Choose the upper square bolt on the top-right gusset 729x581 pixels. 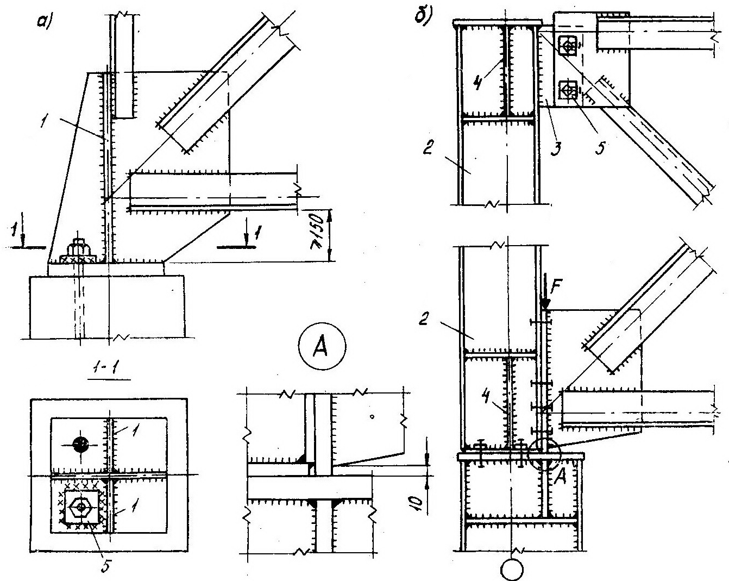pos(568,46)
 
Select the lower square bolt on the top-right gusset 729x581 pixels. pos(568,91)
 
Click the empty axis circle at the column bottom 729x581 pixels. pos(513,569)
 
